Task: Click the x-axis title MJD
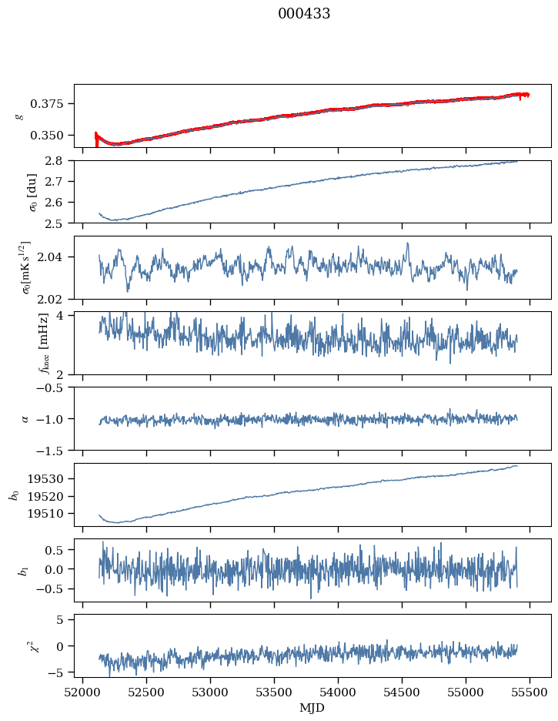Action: click(x=312, y=708)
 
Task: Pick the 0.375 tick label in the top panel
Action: click(x=52, y=104)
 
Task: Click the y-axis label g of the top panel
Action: click(x=19, y=116)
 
